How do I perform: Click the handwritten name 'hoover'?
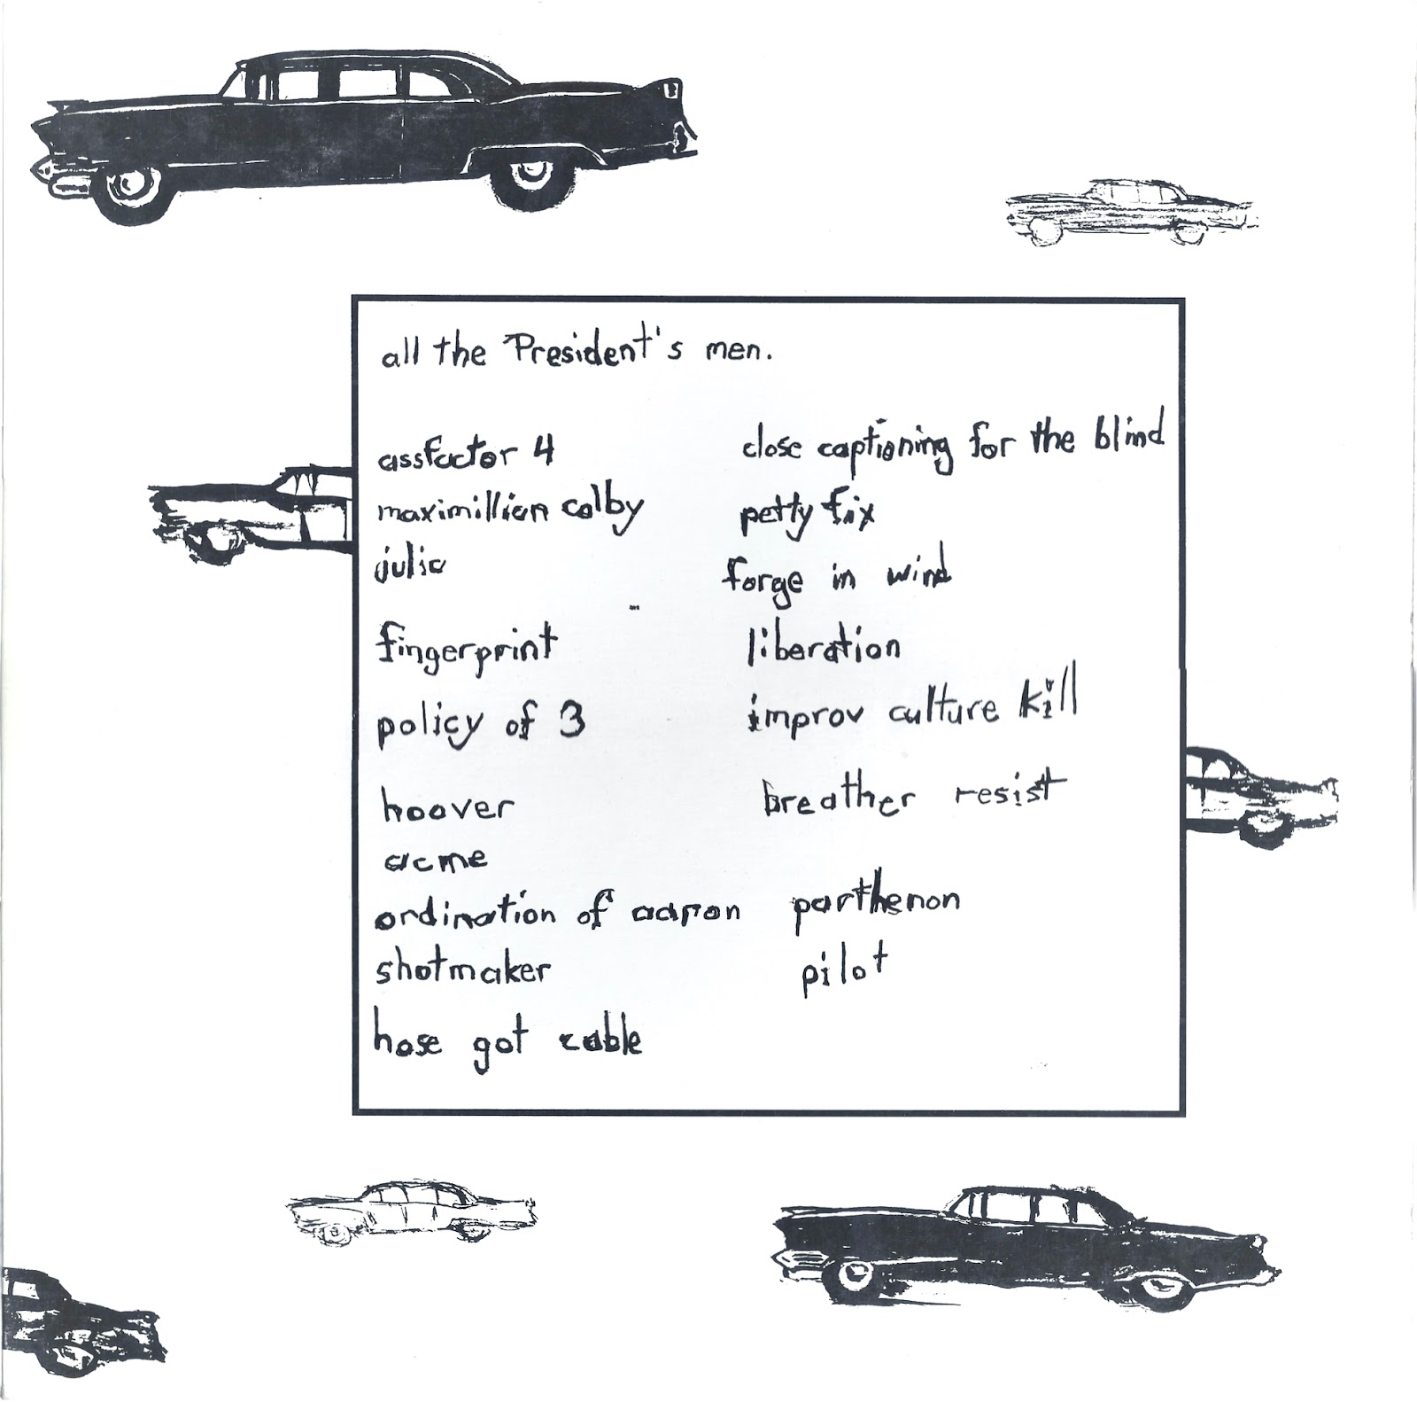[x=447, y=806]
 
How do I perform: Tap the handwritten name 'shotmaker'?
[x=462, y=970]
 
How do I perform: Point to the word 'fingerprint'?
[x=467, y=645]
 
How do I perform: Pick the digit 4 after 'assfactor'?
[x=542, y=453]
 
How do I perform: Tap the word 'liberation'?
[x=825, y=648]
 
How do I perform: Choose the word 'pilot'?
[x=843, y=970]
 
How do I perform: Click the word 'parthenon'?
[x=875, y=906]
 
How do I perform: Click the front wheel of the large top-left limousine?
[x=133, y=191]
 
